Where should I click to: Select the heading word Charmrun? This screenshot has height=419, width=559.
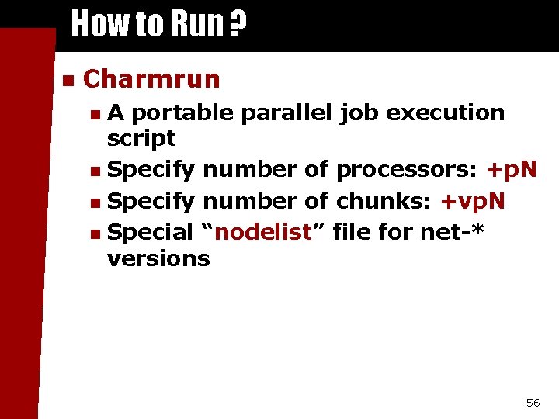[151, 78]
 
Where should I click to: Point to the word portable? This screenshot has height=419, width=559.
[182, 113]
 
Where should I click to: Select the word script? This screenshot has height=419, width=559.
[141, 138]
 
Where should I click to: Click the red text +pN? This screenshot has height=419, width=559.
[511, 170]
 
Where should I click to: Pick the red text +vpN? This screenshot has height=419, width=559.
[472, 202]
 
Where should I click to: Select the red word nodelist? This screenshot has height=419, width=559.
[262, 232]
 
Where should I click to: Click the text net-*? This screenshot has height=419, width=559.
[452, 232]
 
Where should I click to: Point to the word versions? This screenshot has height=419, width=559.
[158, 258]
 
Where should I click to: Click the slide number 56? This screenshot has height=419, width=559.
[533, 402]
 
